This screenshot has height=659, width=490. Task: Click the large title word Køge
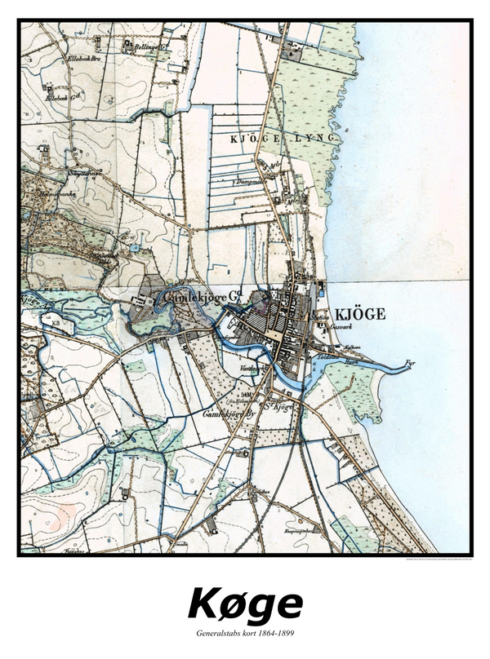(245, 604)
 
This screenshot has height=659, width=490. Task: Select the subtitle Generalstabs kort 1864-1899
(245, 634)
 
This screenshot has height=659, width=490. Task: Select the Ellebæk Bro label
(65, 58)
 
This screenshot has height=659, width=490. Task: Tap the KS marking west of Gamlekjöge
(58, 323)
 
